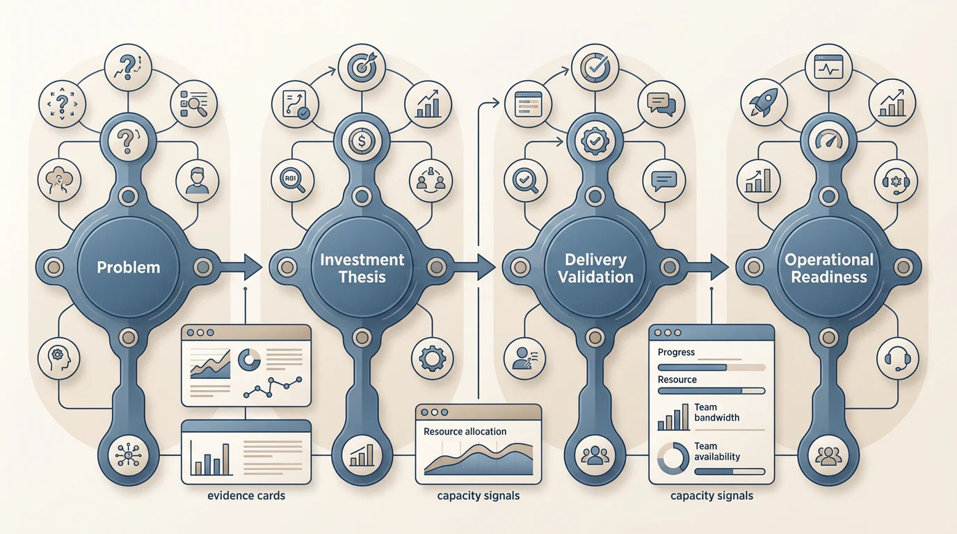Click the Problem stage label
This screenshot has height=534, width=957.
(x=128, y=268)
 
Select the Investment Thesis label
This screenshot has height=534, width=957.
(x=362, y=268)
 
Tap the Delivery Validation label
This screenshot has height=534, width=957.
(x=595, y=268)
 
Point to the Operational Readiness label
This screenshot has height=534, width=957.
(x=829, y=268)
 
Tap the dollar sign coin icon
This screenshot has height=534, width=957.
(x=362, y=141)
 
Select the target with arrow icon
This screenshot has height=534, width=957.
(x=362, y=67)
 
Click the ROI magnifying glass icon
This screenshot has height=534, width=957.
(x=293, y=181)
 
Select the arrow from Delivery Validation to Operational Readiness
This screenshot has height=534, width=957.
(x=705, y=267)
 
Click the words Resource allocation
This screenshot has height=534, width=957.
(x=465, y=432)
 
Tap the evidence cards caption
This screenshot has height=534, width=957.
(x=246, y=496)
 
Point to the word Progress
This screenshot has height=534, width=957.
(x=676, y=353)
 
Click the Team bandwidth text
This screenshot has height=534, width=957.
(x=716, y=412)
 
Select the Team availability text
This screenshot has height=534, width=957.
(x=717, y=451)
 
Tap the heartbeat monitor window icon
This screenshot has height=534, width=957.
(x=828, y=67)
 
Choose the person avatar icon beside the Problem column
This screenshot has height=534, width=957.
(x=197, y=181)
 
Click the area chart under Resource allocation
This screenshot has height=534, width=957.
(x=478, y=460)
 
